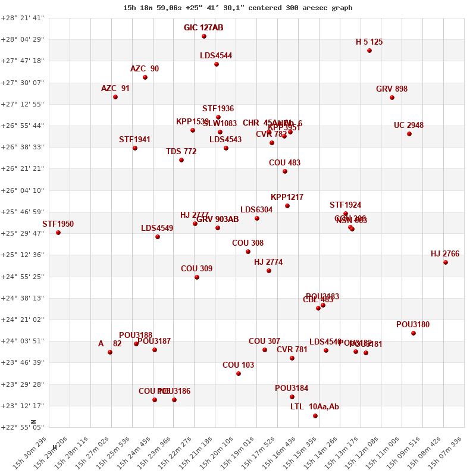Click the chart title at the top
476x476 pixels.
coord(237,8)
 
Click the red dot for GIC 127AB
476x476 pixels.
coord(204,36)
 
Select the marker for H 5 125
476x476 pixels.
coord(369,51)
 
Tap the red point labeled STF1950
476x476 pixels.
coord(58,233)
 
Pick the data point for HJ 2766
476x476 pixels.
coord(446,262)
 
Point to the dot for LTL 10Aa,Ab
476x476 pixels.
coord(315,416)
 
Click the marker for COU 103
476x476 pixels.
coord(239,374)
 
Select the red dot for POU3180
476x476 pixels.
coord(414,333)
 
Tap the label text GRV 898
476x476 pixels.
coord(392,89)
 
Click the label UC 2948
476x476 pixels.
coord(409,126)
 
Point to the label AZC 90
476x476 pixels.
coord(145,69)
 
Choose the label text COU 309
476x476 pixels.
coord(196,269)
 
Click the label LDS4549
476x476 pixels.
coord(157,228)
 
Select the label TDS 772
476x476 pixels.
coord(181,152)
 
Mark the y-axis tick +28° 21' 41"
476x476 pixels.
coord(22,18)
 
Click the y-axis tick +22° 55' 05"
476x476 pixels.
coord(22,427)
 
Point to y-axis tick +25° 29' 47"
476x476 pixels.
coord(22,233)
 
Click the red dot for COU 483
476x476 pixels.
coord(285,171)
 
